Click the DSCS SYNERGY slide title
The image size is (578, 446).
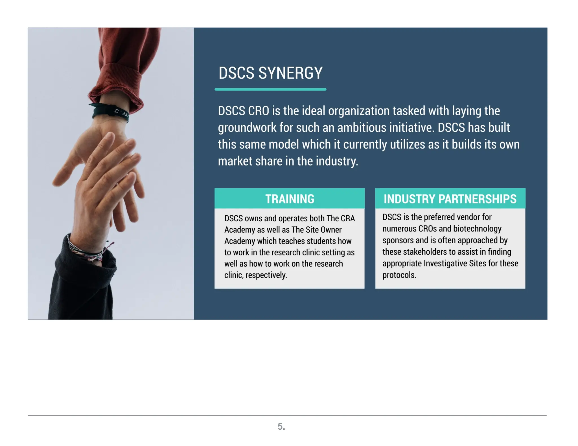click(x=270, y=73)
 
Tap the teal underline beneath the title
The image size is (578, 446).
click(x=270, y=89)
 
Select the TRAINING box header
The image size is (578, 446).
click(x=290, y=199)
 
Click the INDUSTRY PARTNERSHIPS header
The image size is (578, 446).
click(x=450, y=199)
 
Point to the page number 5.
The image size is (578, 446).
click(x=281, y=426)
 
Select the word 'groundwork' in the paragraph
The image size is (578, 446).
click(x=247, y=128)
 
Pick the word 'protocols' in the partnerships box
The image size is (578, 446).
click(x=399, y=275)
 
